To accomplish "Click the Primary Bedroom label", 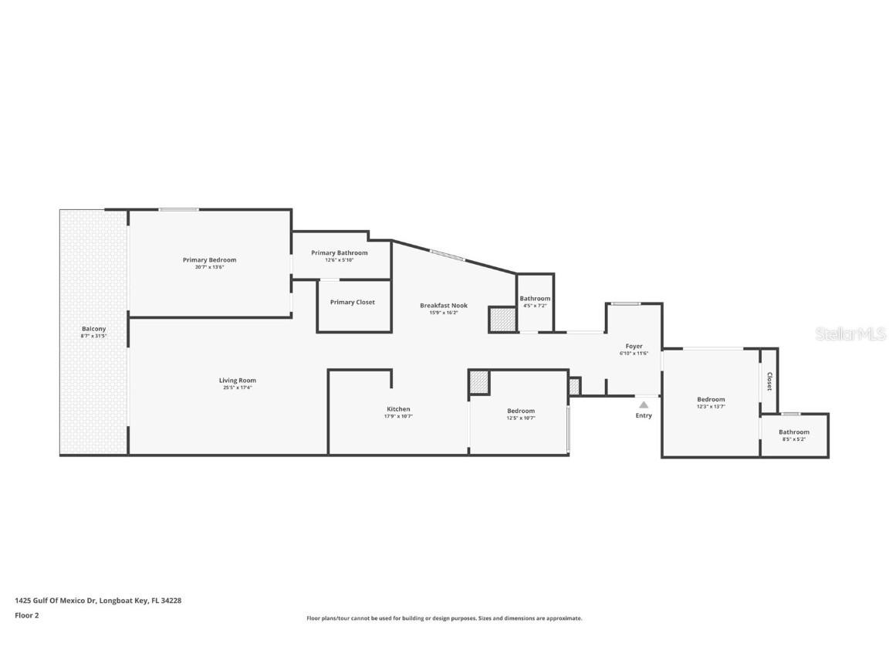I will pos(209,260).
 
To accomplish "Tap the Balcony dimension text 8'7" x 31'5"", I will pos(93,337).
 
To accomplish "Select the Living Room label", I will pos(237,380).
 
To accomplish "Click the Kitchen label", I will pos(398,409).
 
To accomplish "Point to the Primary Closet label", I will pos(352,302).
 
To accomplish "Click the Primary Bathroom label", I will pos(339,252).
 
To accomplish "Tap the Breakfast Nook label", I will pos(444,306).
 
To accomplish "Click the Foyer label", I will pos(634,347).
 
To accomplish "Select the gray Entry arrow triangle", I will pos(644,404).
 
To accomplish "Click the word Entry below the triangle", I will pos(644,415).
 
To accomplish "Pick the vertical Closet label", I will pos(769,381).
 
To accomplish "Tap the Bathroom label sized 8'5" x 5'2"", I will pos(793,432).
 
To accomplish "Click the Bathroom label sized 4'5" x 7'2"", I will pos(535,299).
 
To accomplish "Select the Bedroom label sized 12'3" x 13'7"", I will pos(711,399).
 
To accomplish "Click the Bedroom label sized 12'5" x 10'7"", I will pos(520,411).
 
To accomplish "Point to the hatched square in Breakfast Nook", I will pos(502,320).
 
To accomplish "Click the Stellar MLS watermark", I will pos(850,333).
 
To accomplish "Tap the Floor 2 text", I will pos(26,615).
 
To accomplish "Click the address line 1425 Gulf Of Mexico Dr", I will pos(98,600).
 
